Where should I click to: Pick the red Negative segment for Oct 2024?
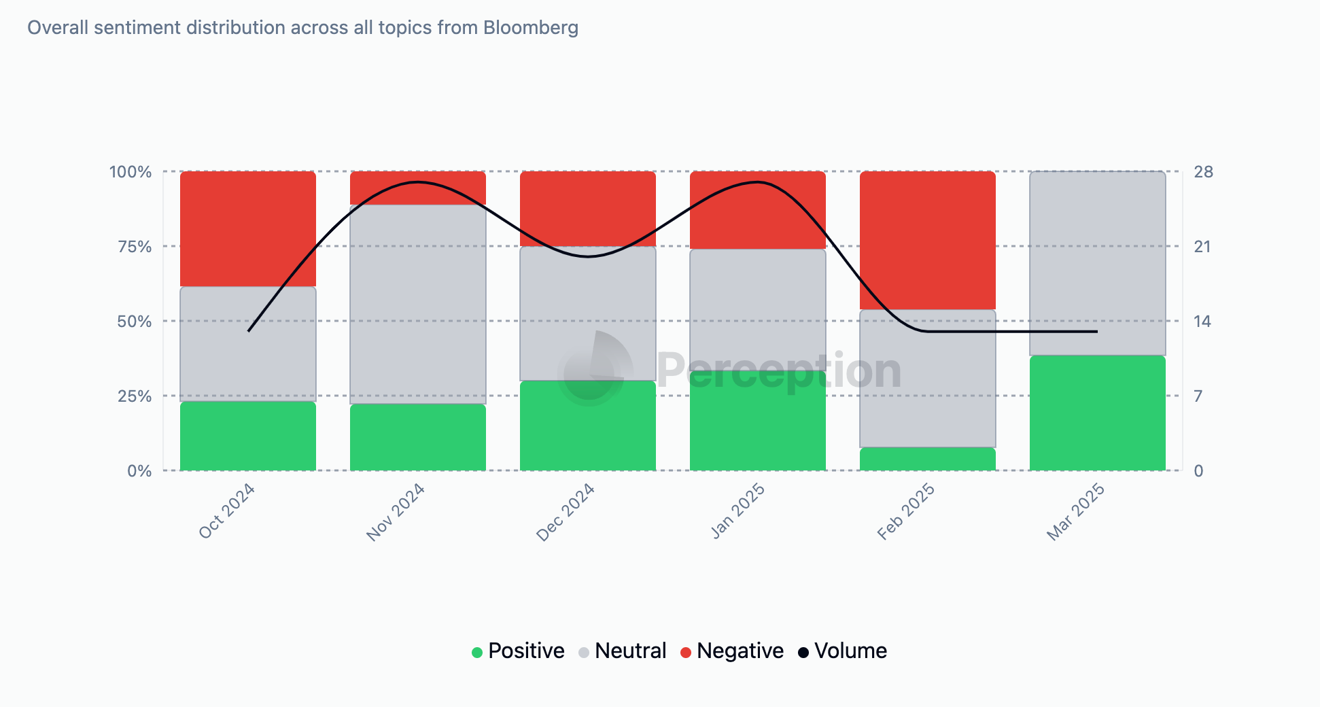pyautogui.click(x=247, y=228)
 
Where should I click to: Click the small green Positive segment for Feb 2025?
pyautogui.click(x=927, y=459)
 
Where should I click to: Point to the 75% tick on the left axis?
pyautogui.click(x=135, y=247)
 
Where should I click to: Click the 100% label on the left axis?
pyautogui.click(x=131, y=172)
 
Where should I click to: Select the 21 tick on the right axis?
pyautogui.click(x=1202, y=247)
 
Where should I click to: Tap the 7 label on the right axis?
pyautogui.click(x=1198, y=396)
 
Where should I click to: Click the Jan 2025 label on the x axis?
pyautogui.click(x=738, y=511)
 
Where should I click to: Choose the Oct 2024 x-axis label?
pyautogui.click(x=227, y=511)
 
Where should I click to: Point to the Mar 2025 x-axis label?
pyautogui.click(x=1075, y=512)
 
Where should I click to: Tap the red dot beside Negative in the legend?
pyautogui.click(x=686, y=653)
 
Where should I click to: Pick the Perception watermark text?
pyautogui.click(x=778, y=371)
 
